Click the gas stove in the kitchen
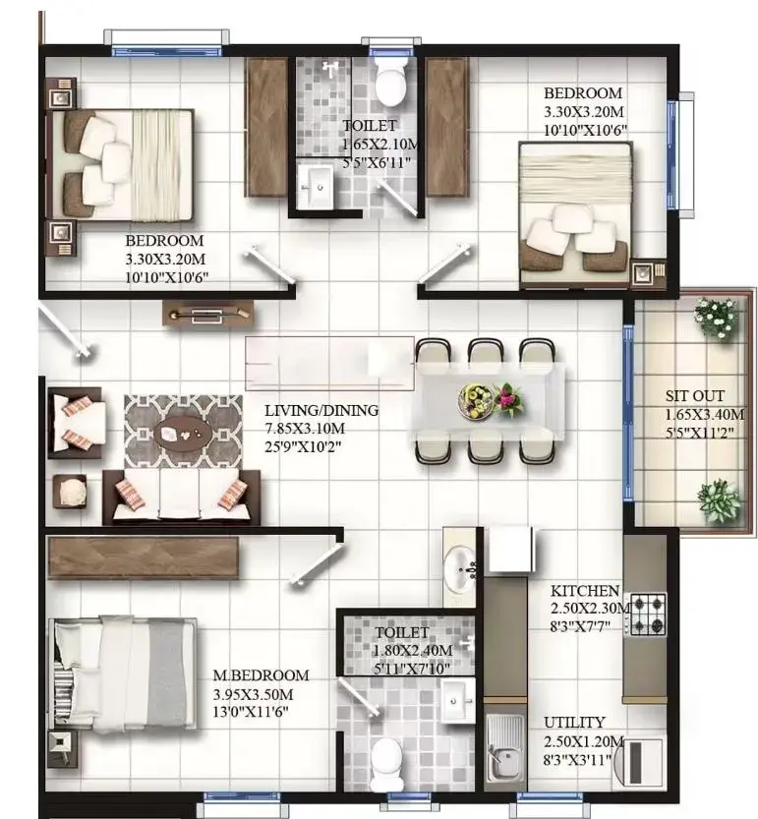click(x=648, y=614)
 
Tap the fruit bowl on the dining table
click(x=475, y=400)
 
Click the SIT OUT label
click(x=695, y=396)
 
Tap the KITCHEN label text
click(x=585, y=591)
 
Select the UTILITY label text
click(x=574, y=723)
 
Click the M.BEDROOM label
click(x=261, y=675)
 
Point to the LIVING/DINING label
click(x=321, y=411)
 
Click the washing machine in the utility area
click(x=639, y=761)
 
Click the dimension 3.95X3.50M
click(x=253, y=695)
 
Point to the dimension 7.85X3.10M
click(x=305, y=429)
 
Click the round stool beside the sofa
click(x=72, y=492)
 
